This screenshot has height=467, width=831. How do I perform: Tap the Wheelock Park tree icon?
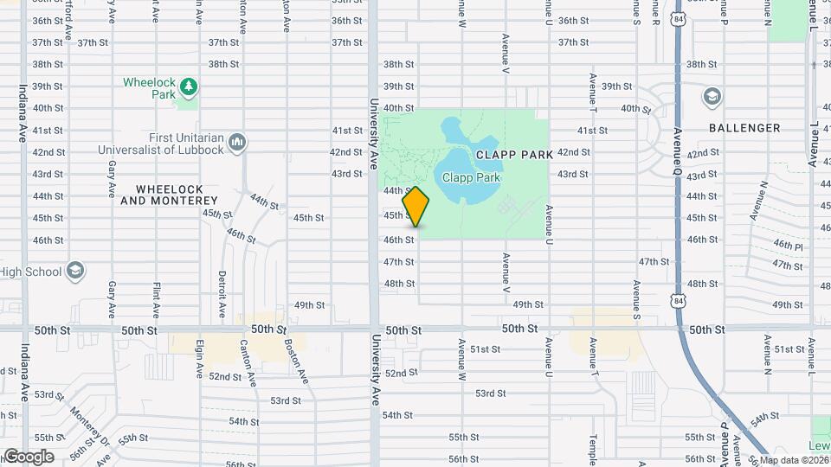(x=188, y=86)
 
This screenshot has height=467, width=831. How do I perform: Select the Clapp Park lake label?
(x=472, y=177)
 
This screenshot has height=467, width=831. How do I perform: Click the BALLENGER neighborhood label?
(x=744, y=128)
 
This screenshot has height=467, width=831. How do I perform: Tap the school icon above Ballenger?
(x=712, y=95)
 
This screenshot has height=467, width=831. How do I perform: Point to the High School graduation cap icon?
(x=75, y=271)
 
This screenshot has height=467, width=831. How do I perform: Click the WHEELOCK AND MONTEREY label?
(x=169, y=195)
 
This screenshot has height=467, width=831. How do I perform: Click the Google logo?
(x=28, y=456)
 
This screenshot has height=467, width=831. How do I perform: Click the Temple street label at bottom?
(x=593, y=448)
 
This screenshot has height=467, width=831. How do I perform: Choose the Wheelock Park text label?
(x=149, y=83)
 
